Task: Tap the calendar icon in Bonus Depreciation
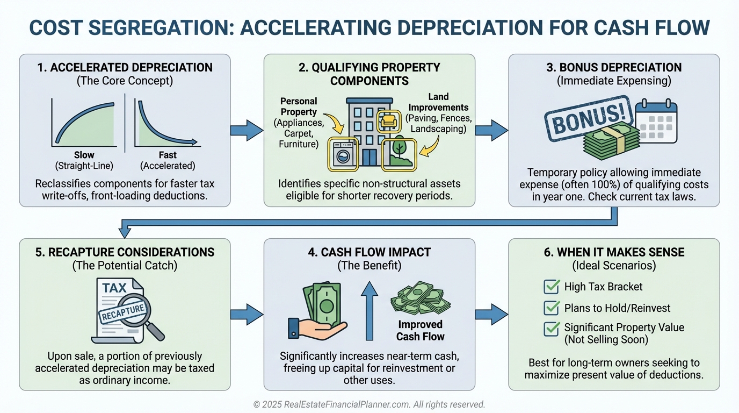[x=657, y=122]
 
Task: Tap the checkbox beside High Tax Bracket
[x=552, y=287]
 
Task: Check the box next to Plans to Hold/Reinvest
[x=552, y=308]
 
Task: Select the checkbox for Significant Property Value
[x=552, y=328]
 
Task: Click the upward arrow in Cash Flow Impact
[x=369, y=312]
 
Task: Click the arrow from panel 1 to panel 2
[x=247, y=130]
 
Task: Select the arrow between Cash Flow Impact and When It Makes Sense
[x=491, y=314]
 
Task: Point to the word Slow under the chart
[x=84, y=155]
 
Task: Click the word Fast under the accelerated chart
[x=168, y=155]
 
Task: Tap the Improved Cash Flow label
[x=421, y=331]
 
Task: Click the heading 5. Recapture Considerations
[x=125, y=252]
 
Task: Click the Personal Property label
[x=299, y=106]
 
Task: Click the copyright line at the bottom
[x=369, y=404]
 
